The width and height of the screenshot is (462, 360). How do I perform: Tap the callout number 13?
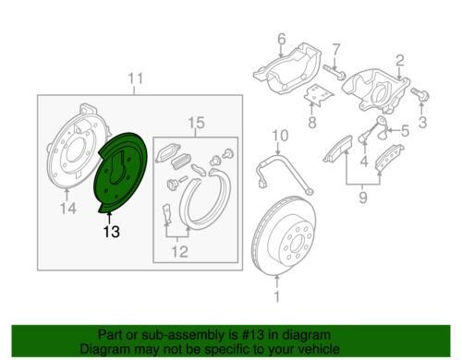[x=111, y=232]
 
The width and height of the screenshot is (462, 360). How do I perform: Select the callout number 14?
[x=68, y=209]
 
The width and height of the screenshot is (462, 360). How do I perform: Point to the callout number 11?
[x=136, y=78]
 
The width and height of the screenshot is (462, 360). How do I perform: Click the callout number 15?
[x=196, y=123]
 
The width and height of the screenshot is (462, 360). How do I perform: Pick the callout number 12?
[x=179, y=252]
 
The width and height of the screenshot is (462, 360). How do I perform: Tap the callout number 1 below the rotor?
[x=277, y=296]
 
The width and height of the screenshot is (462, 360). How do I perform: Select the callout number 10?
[x=280, y=136]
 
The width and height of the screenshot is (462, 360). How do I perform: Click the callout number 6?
[x=282, y=39]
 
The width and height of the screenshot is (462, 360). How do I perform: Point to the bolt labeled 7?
[x=334, y=71]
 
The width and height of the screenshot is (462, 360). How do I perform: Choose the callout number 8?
[x=312, y=123]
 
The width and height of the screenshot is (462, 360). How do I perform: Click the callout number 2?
[x=399, y=61]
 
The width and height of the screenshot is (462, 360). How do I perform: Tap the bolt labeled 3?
[x=419, y=94]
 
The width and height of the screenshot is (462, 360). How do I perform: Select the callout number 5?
[x=405, y=131]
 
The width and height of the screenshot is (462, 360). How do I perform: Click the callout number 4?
[x=364, y=161]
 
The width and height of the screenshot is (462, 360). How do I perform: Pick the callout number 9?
[x=363, y=197]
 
